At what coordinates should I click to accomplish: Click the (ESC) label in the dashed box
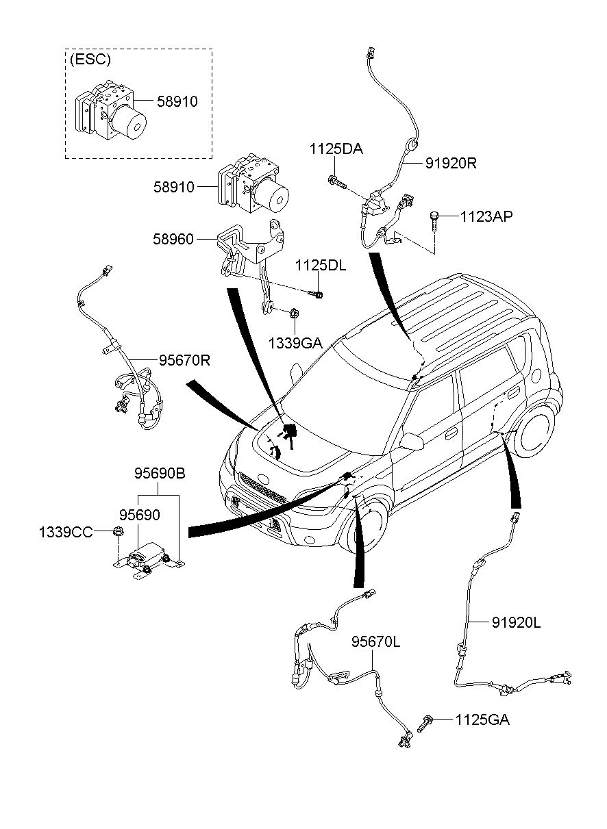coord(90,60)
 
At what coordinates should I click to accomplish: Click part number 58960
coord(174,240)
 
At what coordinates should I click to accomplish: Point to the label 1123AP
coord(486,216)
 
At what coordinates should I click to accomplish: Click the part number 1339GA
coord(295,342)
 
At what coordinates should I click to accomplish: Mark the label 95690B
coord(159,473)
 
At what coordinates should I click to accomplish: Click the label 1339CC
coord(66,532)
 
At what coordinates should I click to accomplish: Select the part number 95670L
coord(375,642)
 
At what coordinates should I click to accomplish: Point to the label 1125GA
coord(482,719)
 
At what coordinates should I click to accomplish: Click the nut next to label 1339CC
coord(117,532)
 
